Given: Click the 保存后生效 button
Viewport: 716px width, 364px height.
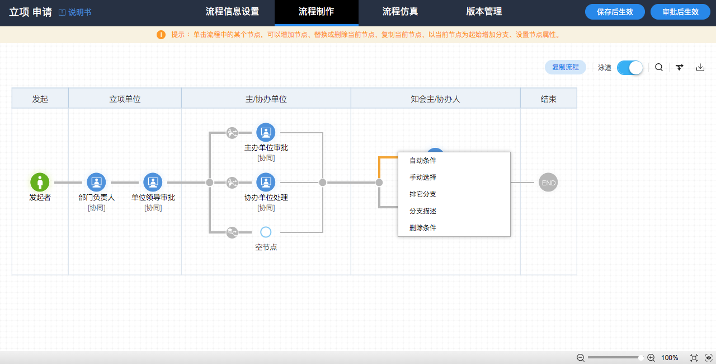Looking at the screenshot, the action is (615, 12).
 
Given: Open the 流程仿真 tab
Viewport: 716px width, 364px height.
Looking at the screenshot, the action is (400, 12).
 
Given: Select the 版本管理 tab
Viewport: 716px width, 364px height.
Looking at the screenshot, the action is (484, 12).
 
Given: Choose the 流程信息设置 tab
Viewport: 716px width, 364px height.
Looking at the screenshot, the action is (232, 12).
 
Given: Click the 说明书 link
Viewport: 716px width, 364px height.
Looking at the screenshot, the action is (76, 12).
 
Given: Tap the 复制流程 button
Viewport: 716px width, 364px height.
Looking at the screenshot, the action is (565, 67).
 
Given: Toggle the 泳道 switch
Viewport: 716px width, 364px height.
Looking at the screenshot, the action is (630, 68).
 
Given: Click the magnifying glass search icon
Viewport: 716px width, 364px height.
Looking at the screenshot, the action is (659, 68).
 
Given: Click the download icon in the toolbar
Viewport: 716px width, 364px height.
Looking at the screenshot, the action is (700, 68).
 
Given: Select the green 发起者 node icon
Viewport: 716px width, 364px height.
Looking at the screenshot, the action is (40, 183).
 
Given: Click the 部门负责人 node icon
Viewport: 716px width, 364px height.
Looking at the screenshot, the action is (96, 183).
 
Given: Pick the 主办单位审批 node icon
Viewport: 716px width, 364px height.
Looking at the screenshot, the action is (266, 132).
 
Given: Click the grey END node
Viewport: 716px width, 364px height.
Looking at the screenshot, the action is (548, 183).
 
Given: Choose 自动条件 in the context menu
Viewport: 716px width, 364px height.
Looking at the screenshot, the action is (422, 161).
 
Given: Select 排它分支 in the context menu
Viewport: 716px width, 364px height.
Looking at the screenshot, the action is (422, 194).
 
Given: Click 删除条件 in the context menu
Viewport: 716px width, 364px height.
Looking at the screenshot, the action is (422, 228).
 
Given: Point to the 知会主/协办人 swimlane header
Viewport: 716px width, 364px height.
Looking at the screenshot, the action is (435, 99).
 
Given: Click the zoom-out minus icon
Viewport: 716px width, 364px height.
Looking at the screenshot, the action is (581, 358).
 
